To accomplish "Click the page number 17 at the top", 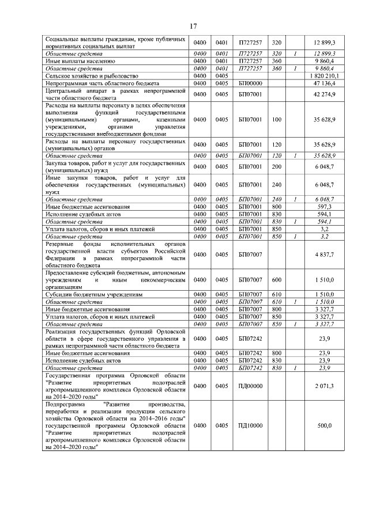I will pyautogui.click(x=193, y=25).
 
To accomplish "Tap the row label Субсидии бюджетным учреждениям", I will pyautogui.click(x=86, y=294).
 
